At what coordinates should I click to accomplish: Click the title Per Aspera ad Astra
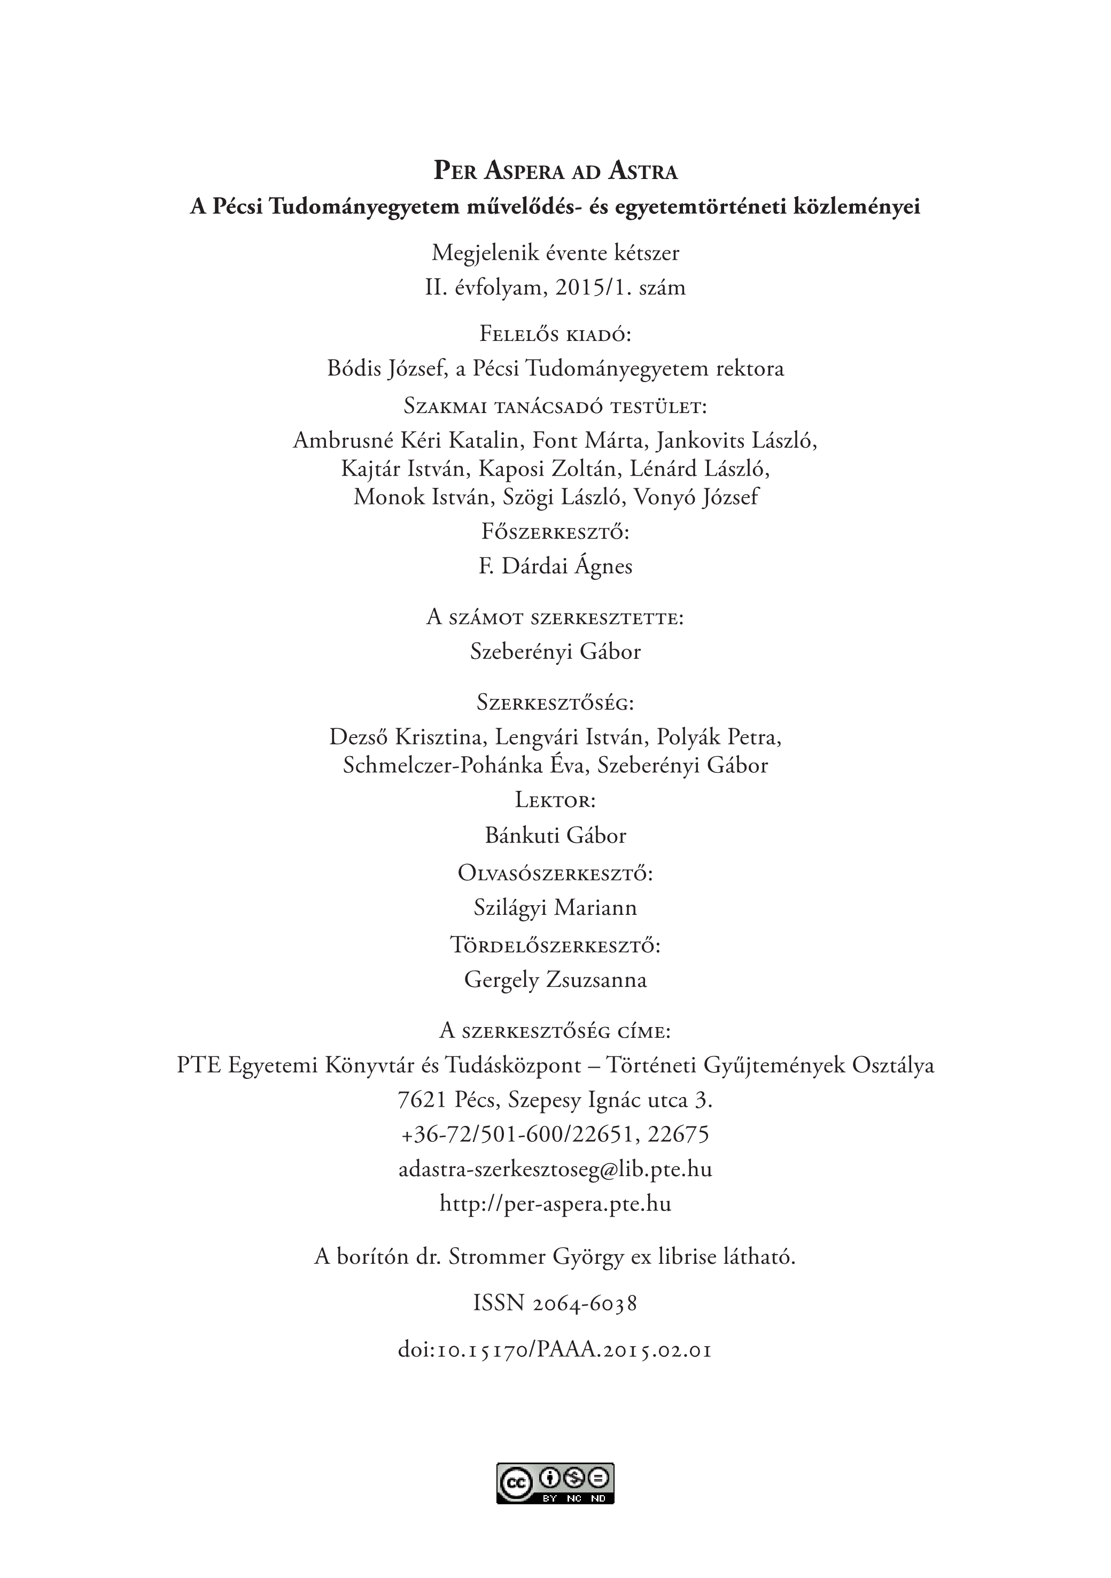pyautogui.click(x=556, y=171)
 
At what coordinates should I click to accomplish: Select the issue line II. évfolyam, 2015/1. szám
pyautogui.click(x=556, y=287)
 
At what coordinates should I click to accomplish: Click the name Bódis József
pyautogui.click(x=386, y=369)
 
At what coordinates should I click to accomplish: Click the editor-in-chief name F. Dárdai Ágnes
pyautogui.click(x=556, y=567)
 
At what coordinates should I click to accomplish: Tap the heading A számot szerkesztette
pyautogui.click(x=556, y=617)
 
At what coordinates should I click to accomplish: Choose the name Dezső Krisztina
pyautogui.click(x=405, y=737)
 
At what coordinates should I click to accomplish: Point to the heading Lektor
pyautogui.click(x=556, y=800)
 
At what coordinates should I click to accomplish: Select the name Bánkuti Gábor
pyautogui.click(x=556, y=836)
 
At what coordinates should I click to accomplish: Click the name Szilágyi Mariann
pyautogui.click(x=556, y=908)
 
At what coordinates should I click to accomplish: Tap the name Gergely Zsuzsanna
pyautogui.click(x=556, y=980)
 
